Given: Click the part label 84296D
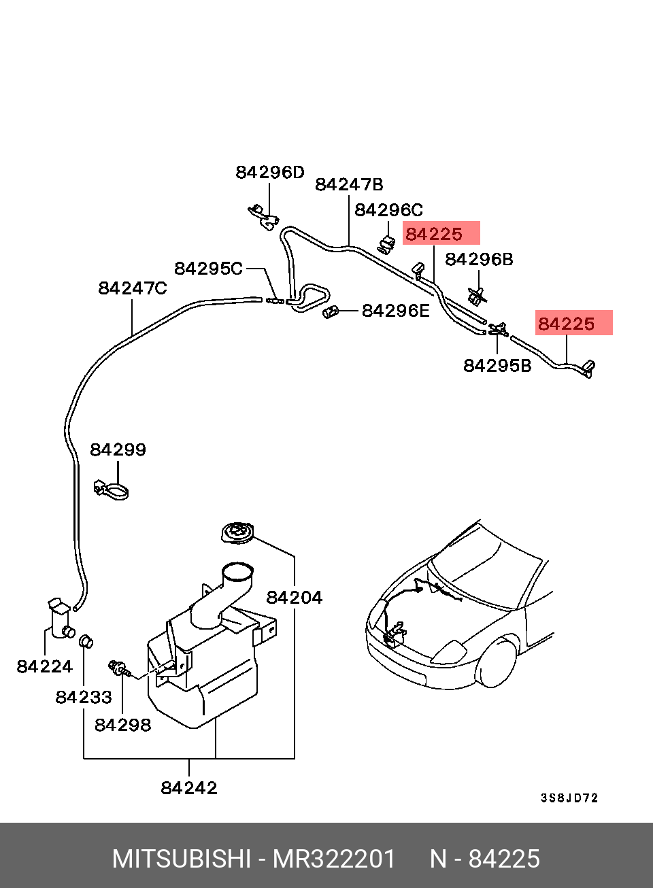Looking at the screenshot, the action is (269, 173).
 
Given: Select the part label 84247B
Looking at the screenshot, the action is (349, 185).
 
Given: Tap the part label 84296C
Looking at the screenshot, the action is (388, 210).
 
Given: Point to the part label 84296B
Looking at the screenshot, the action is (479, 260).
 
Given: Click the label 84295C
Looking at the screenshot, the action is (209, 269).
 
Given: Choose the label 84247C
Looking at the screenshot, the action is (133, 288).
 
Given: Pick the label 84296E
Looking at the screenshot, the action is (396, 311).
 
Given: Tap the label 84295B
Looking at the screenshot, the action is (497, 366).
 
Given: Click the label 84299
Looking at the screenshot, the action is (118, 449).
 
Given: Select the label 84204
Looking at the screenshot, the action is (294, 598).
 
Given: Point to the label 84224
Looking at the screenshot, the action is (44, 666).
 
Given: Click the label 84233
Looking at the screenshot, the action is (84, 697).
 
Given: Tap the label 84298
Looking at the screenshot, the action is (123, 725).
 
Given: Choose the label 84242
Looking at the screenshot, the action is (189, 787).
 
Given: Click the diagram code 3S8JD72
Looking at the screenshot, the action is (569, 798).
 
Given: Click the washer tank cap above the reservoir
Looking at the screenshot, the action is (237, 533).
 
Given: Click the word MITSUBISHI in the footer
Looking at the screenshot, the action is (182, 859).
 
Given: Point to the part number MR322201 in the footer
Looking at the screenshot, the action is (334, 859).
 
